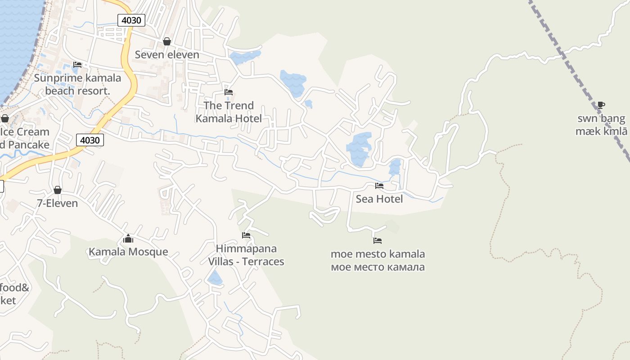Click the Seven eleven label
[167, 55]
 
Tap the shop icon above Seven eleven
[167, 42]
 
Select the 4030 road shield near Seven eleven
[131, 20]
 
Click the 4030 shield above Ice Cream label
[90, 140]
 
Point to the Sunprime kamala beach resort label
[77, 84]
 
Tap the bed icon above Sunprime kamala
[77, 65]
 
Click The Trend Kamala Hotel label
[229, 112]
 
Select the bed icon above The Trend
[229, 92]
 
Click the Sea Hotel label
[379, 199]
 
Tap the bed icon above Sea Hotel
[379, 185]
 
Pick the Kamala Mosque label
[128, 252]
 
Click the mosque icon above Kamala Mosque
[128, 238]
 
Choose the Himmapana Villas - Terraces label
[246, 255]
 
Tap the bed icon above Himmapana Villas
[246, 235]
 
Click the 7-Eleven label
[57, 203]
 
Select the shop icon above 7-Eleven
[57, 190]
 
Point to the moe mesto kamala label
[378, 260]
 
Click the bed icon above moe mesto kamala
[378, 241]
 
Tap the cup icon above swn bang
[601, 105]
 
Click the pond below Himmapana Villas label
[215, 278]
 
